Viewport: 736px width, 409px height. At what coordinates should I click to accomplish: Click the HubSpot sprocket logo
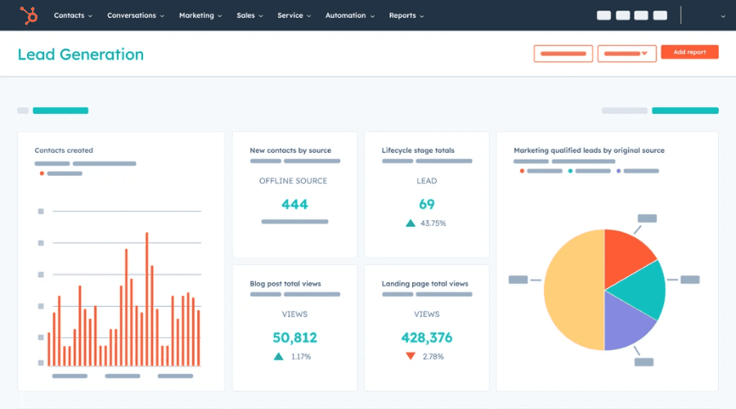coord(28,15)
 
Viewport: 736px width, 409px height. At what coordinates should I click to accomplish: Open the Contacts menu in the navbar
coord(72,16)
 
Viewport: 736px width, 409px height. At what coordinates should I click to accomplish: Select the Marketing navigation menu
coord(200,16)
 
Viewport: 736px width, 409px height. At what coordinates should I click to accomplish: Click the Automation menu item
coord(349,16)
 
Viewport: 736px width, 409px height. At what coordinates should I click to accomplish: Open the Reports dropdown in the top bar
coord(406,16)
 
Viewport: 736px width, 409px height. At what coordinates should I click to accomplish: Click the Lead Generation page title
coord(80,55)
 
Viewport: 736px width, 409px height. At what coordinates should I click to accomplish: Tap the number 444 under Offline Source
coord(294,204)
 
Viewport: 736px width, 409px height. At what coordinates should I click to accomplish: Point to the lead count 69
coord(426,204)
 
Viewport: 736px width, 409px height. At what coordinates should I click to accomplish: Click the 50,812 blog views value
coord(294,337)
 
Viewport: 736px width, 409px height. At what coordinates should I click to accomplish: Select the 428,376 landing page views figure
coord(426,337)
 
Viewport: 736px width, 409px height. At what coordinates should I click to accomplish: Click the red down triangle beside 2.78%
coord(410,357)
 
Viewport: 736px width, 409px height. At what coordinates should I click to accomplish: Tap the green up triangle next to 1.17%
coord(279,357)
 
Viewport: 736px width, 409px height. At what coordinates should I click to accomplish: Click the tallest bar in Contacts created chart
coord(146,299)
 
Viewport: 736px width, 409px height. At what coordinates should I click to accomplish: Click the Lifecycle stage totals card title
coord(418,151)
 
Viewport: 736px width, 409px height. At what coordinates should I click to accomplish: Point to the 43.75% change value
coord(433,223)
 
